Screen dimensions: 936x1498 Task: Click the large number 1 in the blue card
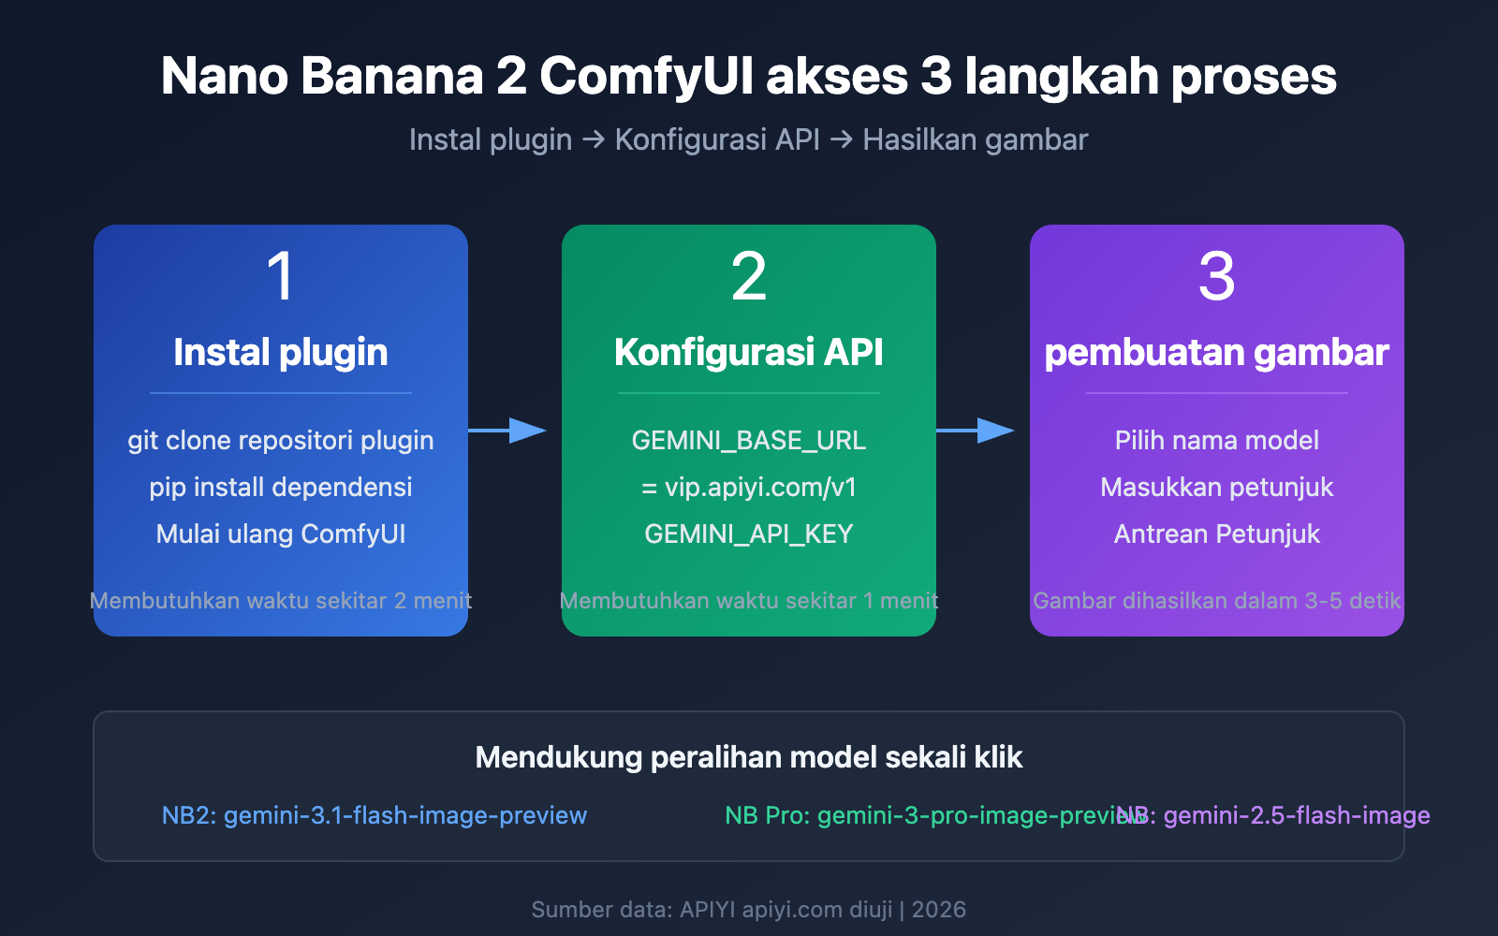(281, 277)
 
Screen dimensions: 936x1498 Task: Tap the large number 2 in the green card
(749, 277)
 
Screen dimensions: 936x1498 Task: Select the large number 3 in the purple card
(1217, 277)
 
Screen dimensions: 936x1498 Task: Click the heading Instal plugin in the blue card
(281, 353)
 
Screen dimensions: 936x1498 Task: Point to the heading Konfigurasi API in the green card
(749, 353)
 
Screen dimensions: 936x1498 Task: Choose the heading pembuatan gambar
(1217, 353)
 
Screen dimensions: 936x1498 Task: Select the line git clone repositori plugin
(281, 440)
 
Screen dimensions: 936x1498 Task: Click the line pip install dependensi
(281, 487)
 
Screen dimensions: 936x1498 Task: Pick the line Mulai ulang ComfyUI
(281, 534)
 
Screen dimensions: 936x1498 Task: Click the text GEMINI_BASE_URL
(749, 440)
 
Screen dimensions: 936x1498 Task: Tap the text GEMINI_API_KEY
(749, 534)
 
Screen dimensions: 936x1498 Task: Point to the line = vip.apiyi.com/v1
(749, 487)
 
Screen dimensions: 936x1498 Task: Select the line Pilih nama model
(1217, 440)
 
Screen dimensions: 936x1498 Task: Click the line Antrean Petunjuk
(1217, 534)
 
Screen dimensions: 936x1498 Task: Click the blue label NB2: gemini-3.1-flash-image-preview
(374, 815)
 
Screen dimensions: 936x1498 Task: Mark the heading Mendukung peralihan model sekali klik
(749, 757)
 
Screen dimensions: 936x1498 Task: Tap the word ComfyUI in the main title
(647, 77)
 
